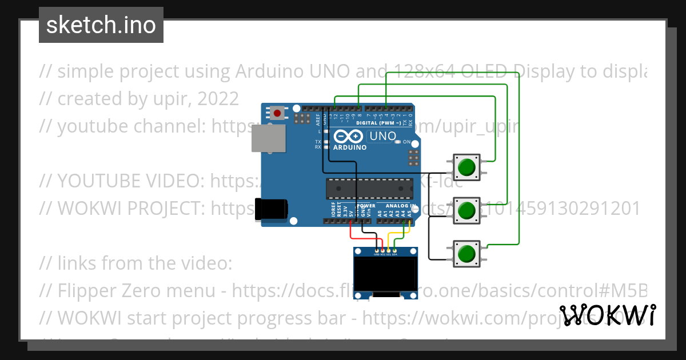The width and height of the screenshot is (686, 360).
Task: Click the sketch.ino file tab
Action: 101,25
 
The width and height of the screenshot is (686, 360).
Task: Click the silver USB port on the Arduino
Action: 269,139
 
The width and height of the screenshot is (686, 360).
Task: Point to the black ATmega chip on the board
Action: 369,187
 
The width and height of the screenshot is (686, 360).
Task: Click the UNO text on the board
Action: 382,136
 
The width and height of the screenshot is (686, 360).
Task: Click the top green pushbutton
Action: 466,167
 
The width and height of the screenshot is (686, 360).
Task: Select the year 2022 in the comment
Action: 218,99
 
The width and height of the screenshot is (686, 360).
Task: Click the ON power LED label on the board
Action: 406,142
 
